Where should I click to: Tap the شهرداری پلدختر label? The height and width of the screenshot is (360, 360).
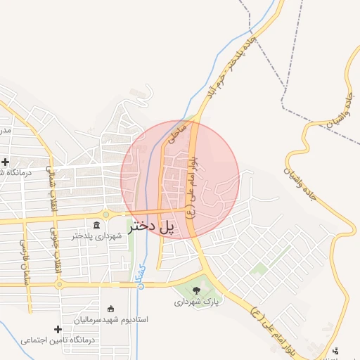point(96,236)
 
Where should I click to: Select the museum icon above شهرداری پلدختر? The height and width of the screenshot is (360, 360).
point(96,224)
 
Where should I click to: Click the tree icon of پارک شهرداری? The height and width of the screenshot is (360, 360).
point(196,290)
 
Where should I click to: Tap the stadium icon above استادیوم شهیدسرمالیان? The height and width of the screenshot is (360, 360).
point(110,308)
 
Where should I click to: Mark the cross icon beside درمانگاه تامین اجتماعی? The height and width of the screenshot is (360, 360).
point(58,329)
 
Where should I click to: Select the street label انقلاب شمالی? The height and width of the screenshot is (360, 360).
point(50,188)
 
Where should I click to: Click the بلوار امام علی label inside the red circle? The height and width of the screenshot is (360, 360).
point(192,186)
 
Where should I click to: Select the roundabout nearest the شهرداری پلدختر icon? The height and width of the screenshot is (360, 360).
point(105,215)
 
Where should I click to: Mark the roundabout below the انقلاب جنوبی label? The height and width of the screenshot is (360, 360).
point(59,285)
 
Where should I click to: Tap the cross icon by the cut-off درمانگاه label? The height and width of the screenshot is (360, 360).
point(6,162)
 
